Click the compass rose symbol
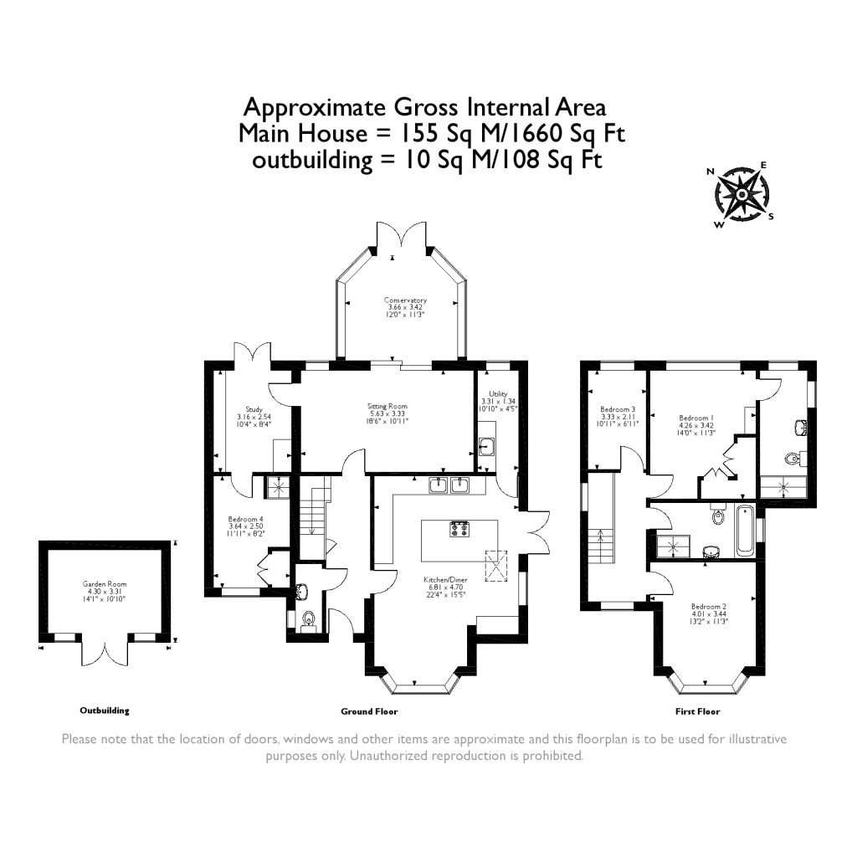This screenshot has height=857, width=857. pos(742,194)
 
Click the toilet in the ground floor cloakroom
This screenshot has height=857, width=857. pos(309,618)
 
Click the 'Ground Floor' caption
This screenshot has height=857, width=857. pos(369,711)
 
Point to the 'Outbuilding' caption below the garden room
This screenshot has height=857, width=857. pos(105,711)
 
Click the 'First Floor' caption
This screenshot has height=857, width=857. pos(697,711)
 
